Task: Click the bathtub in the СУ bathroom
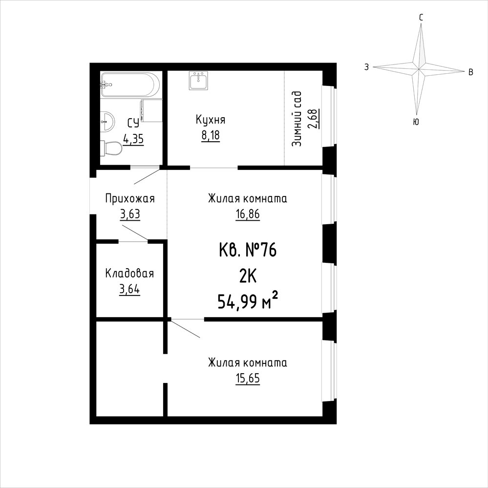tap(130, 85)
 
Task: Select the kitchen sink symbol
tap(198, 81)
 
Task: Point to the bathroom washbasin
tap(107, 121)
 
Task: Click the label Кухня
tap(211, 120)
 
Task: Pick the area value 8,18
tap(211, 136)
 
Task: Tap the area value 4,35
tap(133, 139)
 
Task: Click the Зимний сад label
tap(297, 119)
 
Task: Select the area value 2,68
tap(312, 119)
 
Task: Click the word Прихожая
tap(130, 198)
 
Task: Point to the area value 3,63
tap(130, 214)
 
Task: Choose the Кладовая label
tap(129, 274)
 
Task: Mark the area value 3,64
tap(129, 290)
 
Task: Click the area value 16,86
tap(248, 214)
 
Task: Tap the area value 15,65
tap(248, 379)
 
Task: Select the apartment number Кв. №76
tap(248, 250)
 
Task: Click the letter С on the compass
tap(421, 18)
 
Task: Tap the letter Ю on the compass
tap(416, 122)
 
